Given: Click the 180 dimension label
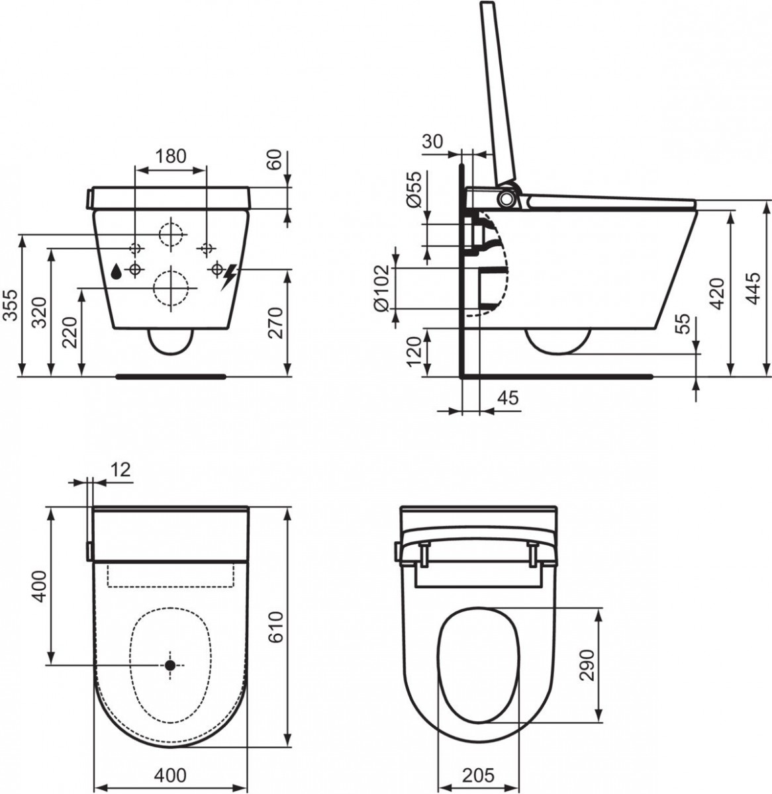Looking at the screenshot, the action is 171,156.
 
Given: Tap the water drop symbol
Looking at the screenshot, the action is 117,271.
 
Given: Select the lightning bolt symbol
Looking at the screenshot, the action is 228,277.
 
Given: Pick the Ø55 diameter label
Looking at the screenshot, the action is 414,189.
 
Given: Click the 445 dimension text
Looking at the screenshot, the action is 753,288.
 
